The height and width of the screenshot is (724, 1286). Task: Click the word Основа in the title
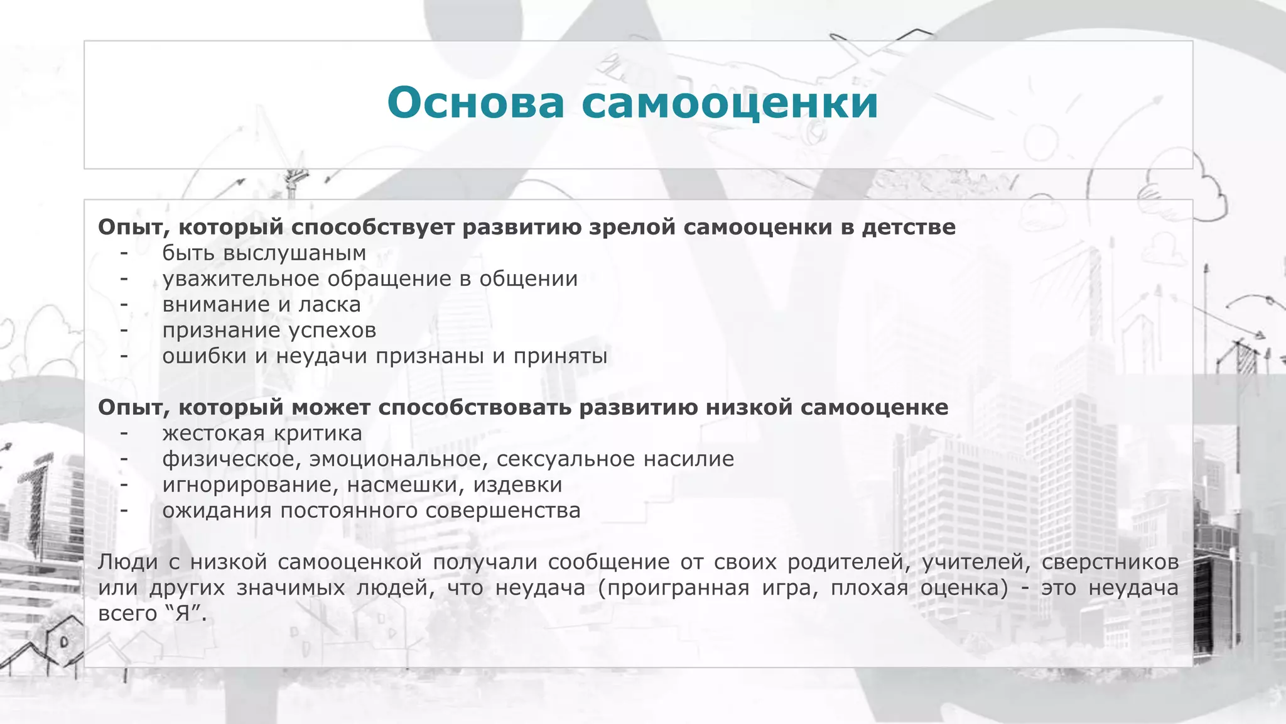(475, 102)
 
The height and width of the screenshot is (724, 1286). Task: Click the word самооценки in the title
(729, 102)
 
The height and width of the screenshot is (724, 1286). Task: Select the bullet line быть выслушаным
(264, 253)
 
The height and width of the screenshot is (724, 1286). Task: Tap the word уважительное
(241, 279)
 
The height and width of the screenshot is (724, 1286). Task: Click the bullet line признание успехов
(269, 331)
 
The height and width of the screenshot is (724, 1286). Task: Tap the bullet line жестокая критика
(262, 434)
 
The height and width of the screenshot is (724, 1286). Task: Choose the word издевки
(517, 485)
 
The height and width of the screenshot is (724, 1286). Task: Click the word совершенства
(502, 511)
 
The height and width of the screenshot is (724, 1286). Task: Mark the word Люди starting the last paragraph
(127, 562)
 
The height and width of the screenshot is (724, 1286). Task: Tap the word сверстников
(1110, 562)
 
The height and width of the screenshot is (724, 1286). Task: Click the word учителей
(976, 562)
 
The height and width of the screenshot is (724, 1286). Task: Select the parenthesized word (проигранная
(670, 588)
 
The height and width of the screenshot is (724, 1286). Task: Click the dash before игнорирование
(124, 485)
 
